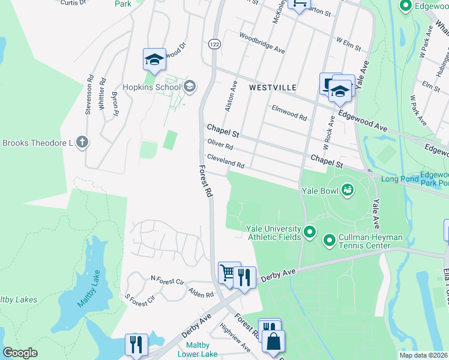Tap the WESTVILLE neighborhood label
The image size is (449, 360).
coord(273,88)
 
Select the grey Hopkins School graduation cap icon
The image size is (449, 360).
coord(190,87)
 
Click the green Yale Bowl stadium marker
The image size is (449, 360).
coord(347,191)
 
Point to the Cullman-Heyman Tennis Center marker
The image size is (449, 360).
coord(329,241)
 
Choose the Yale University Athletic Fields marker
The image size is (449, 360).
coord(310,232)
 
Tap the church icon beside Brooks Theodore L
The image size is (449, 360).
coord(82,143)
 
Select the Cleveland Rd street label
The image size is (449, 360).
coord(226,161)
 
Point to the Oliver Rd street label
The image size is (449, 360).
coord(219,145)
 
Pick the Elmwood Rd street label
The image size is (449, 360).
coord(289,110)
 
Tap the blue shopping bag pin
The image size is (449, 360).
coord(273,341)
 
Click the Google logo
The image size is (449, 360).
coord(20,353)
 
